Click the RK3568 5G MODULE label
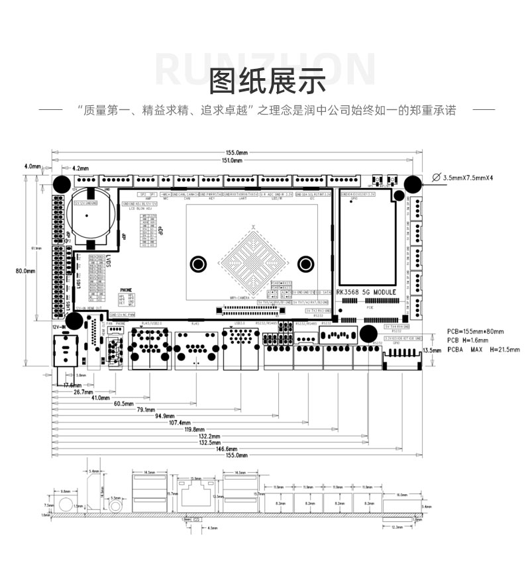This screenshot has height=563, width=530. [366, 291]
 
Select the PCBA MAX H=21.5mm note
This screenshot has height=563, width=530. [483, 350]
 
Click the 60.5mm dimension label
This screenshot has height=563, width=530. [123, 403]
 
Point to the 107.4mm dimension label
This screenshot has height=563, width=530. [180, 423]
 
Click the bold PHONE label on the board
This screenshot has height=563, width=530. [127, 290]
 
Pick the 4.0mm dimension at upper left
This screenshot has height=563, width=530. [32, 166]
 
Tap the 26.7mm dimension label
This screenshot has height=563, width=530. [83, 392]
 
